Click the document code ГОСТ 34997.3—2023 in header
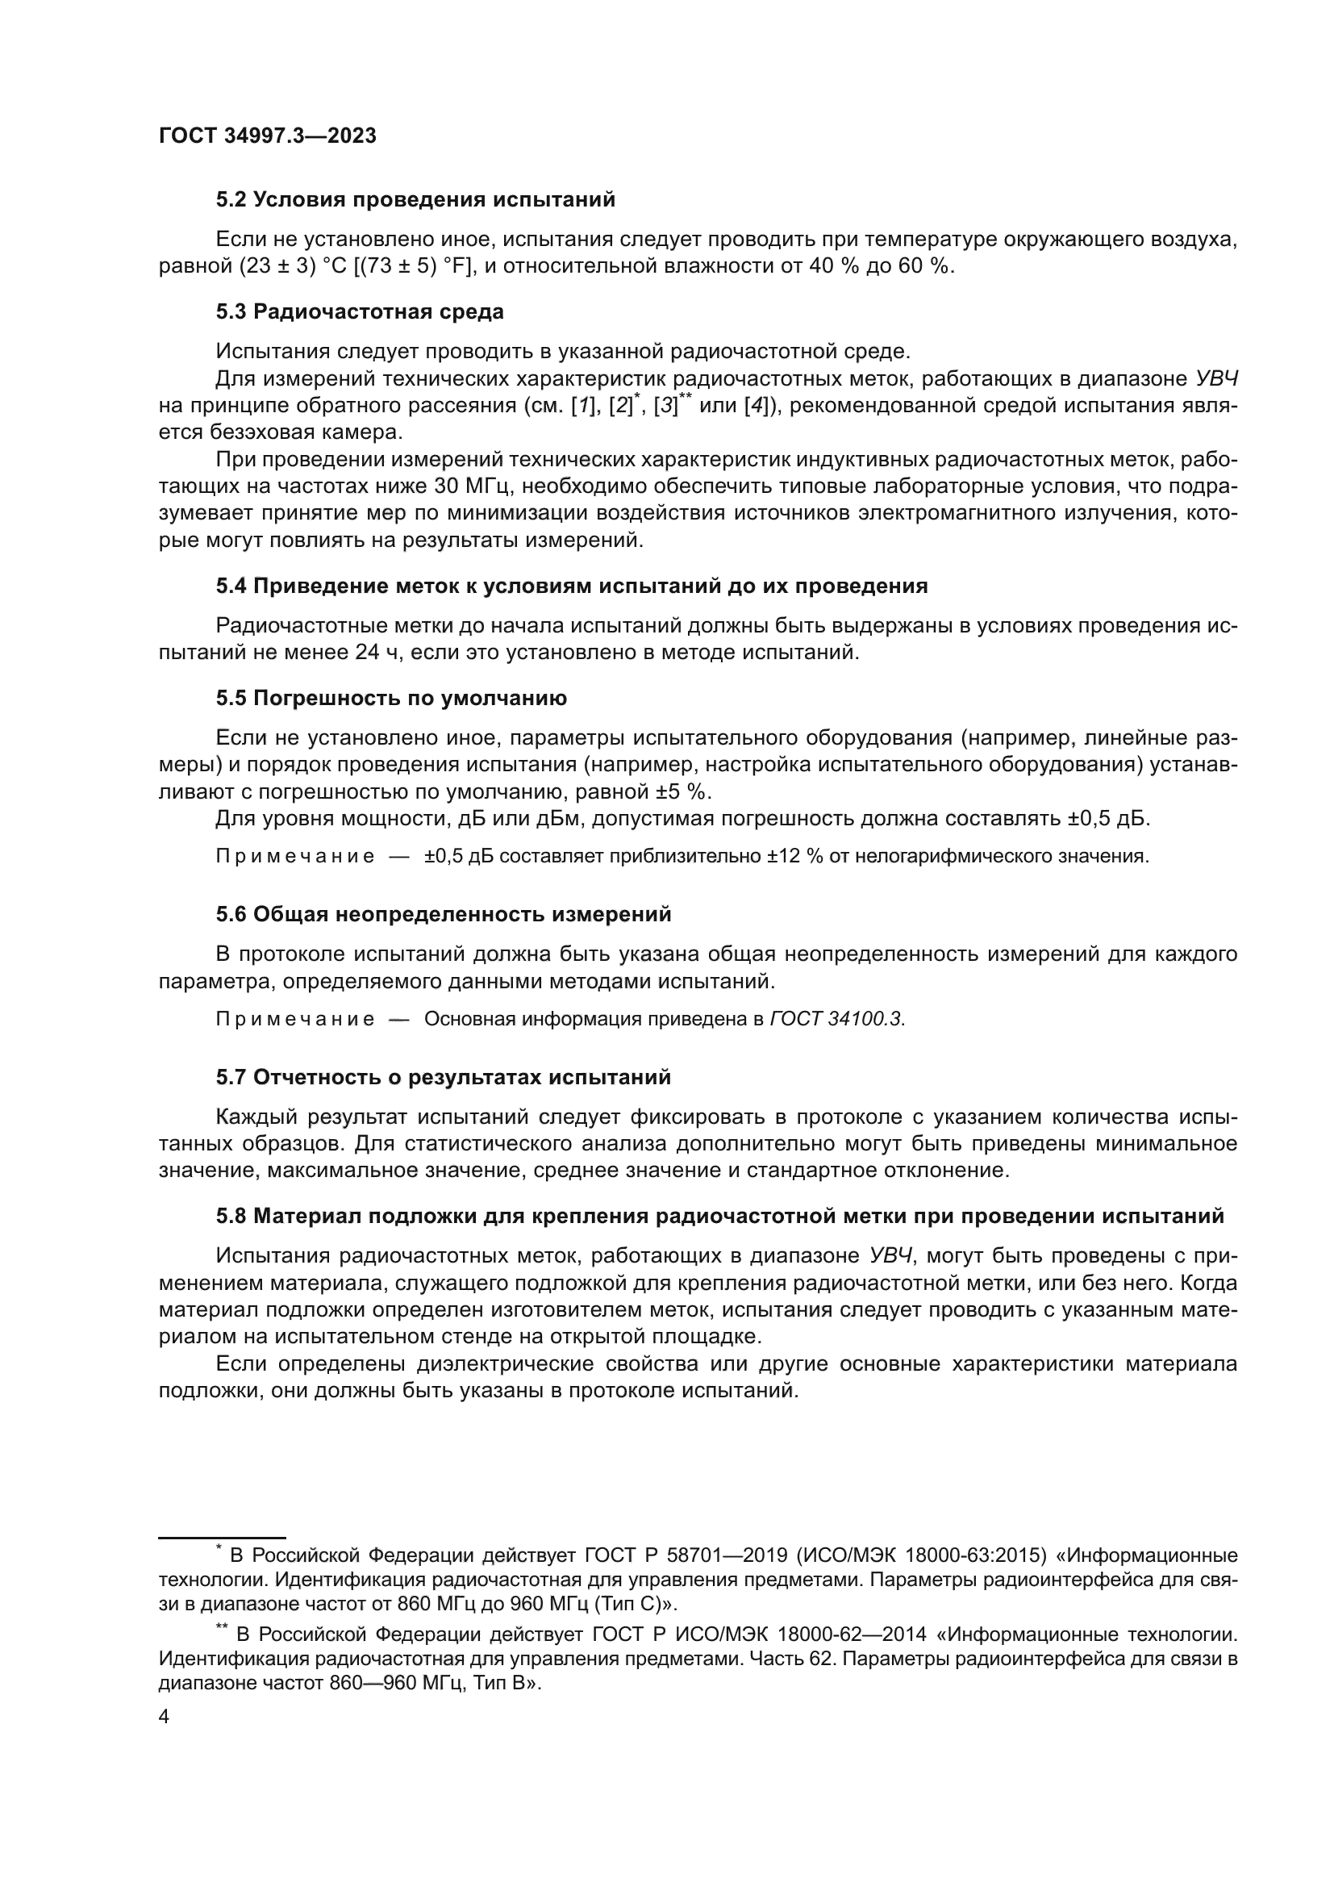pyautogui.click(x=267, y=136)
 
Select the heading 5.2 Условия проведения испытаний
pyautogui.click(x=415, y=200)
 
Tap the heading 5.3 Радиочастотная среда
pyautogui.click(x=360, y=311)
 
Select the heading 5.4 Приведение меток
pyautogui.click(x=572, y=586)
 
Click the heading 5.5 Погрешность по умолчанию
pyautogui.click(x=391, y=699)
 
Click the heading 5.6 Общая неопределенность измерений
pyautogui.click(x=444, y=914)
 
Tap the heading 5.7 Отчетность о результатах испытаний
pyautogui.click(x=444, y=1077)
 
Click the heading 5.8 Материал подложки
pyautogui.click(x=719, y=1216)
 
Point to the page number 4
pyautogui.click(x=164, y=1718)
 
